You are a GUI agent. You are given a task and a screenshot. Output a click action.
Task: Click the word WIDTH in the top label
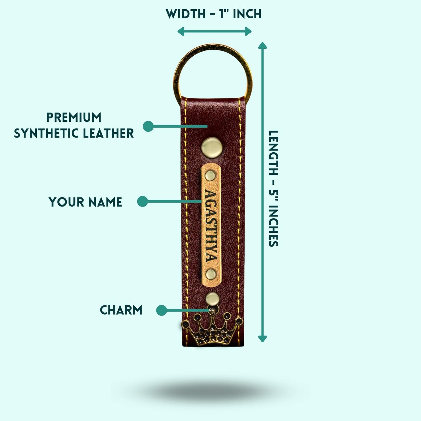(186, 14)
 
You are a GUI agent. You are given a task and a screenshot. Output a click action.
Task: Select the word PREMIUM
(74, 117)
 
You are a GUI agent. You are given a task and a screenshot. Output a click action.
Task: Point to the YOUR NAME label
(85, 202)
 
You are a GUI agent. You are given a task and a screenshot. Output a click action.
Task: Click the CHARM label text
(121, 310)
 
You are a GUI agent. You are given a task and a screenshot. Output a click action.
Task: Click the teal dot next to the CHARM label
(161, 310)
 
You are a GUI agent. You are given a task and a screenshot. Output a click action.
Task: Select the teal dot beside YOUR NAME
(142, 201)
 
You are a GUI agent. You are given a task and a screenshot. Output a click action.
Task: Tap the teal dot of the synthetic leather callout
(148, 126)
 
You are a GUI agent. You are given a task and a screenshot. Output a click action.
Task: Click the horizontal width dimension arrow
(214, 31)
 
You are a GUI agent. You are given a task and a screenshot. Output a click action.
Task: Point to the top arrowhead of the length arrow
(263, 45)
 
